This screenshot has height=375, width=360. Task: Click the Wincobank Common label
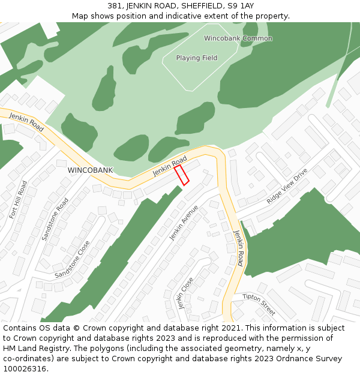238,38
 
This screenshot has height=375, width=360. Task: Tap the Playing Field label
196,58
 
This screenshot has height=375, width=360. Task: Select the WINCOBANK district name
90,170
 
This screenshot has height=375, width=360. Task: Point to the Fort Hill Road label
18,199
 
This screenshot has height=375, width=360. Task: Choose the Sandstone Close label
72,259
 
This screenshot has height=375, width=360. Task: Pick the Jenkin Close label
185,292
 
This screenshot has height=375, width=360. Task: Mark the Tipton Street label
259,304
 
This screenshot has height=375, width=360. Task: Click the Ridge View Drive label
287,186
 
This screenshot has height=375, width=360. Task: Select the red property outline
181,175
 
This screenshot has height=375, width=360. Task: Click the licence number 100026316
25,368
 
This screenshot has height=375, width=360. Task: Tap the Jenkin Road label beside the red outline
169,167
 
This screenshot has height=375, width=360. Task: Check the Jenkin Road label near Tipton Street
239,248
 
